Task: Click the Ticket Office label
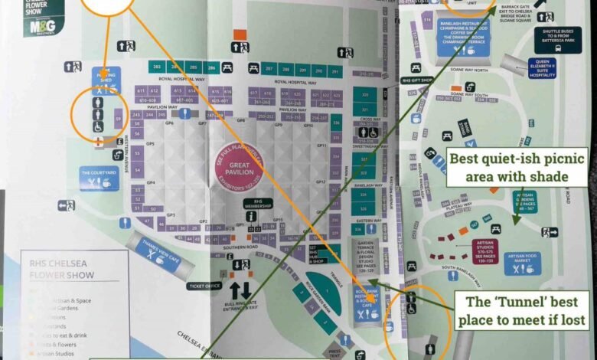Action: coord(204,286)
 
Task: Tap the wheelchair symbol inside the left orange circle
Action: coord(97,126)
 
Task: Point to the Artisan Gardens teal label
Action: coord(525,201)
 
